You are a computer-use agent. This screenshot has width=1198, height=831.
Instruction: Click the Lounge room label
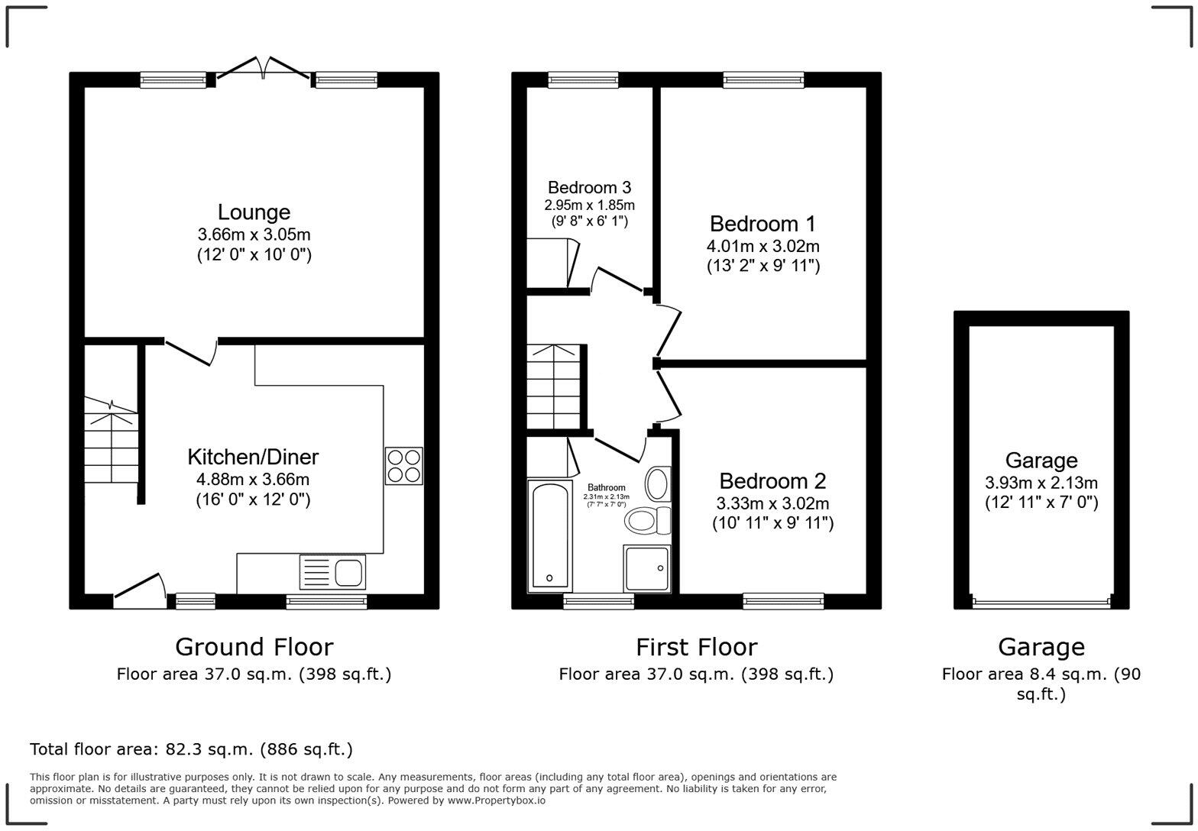(254, 212)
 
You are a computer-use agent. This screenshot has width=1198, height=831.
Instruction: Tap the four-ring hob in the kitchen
(403, 466)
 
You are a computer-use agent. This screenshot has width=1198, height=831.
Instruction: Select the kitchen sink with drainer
(333, 572)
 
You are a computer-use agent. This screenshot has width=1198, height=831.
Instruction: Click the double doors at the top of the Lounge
(264, 69)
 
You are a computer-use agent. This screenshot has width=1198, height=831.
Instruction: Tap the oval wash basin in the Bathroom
(656, 483)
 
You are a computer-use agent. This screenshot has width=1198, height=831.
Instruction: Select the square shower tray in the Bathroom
(647, 568)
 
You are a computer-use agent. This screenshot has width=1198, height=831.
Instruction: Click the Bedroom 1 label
(762, 224)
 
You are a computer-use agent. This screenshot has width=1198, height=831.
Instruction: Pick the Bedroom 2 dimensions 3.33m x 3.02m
(772, 503)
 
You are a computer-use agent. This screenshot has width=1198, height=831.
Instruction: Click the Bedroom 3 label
(589, 187)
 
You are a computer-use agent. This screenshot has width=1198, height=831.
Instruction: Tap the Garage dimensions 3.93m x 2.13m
(1041, 483)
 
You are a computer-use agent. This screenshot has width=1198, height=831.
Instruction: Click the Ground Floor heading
(254, 647)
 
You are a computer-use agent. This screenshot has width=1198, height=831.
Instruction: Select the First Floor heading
(696, 647)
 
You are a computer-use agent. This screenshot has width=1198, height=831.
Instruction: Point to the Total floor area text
(191, 749)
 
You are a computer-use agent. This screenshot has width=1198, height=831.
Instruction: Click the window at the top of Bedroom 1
(763, 79)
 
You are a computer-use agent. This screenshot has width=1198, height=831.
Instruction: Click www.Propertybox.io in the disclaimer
(497, 800)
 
